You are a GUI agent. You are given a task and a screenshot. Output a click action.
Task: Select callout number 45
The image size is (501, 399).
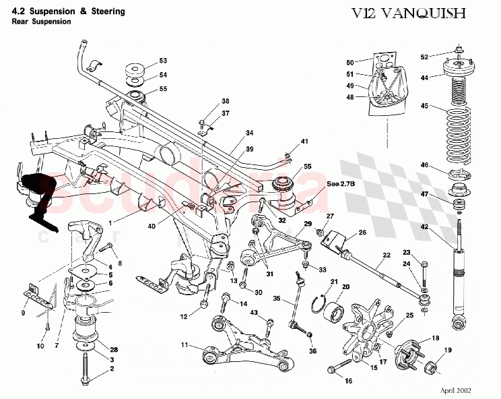coord(425,105)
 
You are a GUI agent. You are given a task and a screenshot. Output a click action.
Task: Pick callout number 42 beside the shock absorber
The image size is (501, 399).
coord(425,226)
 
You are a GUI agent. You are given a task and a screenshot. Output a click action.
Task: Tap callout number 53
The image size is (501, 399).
coord(163,61)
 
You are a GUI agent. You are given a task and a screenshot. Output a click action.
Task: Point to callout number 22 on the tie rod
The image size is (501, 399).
coord(387,255)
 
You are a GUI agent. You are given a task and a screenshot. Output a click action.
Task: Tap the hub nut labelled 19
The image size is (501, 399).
coord(430,368)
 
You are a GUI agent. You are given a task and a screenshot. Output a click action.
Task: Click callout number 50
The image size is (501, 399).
coord(349,63)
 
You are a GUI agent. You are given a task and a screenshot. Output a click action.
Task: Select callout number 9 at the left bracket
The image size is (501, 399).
coord(24,313)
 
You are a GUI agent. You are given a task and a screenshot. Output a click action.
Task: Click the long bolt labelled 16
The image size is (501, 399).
coord(340,367)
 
